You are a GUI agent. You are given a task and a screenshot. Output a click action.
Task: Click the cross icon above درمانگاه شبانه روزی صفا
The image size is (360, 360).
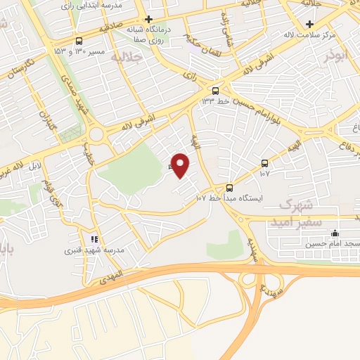tap(148, 19)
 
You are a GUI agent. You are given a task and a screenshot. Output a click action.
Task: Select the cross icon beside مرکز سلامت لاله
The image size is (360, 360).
tap(309, 24)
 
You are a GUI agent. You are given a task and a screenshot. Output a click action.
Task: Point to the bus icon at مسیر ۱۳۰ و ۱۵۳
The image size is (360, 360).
tap(79, 41)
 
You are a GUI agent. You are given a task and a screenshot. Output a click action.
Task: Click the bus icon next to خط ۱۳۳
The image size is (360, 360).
tap(216, 90)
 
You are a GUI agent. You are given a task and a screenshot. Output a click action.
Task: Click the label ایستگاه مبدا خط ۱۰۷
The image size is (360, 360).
tap(229, 198)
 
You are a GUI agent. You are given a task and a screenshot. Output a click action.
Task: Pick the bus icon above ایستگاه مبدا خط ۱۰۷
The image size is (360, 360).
tap(230, 187)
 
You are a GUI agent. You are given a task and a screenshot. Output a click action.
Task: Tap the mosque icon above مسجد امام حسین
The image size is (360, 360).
tap(335, 233)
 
